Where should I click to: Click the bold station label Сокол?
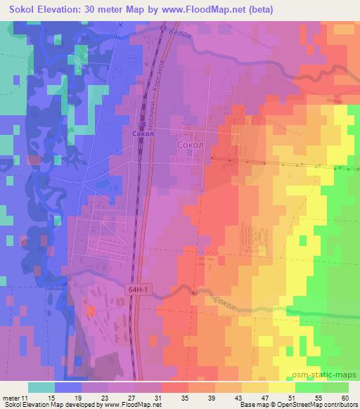click(142, 132)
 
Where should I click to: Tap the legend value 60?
click(345, 397)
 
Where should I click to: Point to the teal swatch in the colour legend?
click(41, 387)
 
